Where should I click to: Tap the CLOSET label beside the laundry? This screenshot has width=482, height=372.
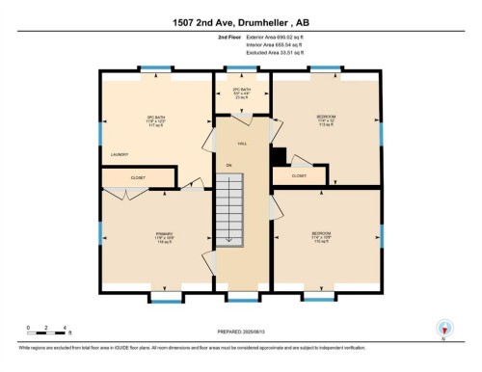[138, 177]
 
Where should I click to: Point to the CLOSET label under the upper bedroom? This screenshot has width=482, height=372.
[299, 176]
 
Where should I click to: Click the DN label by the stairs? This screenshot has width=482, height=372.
[229, 166]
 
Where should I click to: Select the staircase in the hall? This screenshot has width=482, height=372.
[229, 209]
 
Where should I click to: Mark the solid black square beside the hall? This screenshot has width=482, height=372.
[278, 155]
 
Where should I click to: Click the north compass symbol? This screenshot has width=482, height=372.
[444, 328]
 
